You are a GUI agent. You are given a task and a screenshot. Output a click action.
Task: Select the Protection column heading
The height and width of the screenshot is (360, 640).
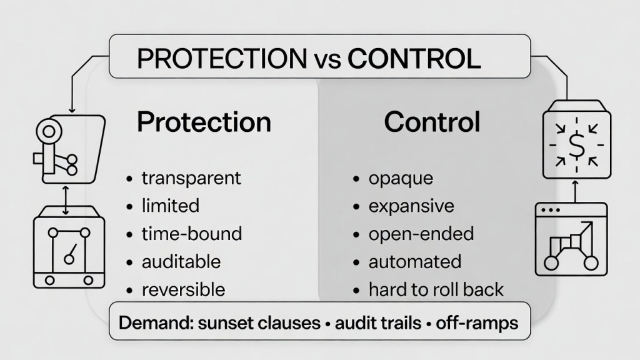(204, 121)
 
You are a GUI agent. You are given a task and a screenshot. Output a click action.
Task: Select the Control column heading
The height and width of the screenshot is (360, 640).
(432, 121)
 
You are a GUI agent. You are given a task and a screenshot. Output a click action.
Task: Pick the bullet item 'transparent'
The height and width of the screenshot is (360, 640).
(191, 177)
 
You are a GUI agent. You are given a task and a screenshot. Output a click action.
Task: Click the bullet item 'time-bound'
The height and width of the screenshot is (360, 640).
(192, 234)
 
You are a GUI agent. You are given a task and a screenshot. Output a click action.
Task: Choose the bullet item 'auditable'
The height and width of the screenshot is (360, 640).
(181, 262)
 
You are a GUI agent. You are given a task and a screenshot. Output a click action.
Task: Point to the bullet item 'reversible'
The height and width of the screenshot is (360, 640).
(183, 290)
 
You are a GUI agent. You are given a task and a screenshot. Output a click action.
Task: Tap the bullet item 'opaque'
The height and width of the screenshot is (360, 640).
(401, 177)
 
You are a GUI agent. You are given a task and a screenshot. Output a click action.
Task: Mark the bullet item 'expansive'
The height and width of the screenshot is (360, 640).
(411, 206)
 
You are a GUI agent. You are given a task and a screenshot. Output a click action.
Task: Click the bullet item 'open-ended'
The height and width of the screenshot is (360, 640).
(421, 234)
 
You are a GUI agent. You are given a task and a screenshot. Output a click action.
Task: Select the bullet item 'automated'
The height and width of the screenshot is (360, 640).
(415, 262)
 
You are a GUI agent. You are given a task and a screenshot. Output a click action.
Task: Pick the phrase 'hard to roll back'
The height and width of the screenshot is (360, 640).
(436, 290)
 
